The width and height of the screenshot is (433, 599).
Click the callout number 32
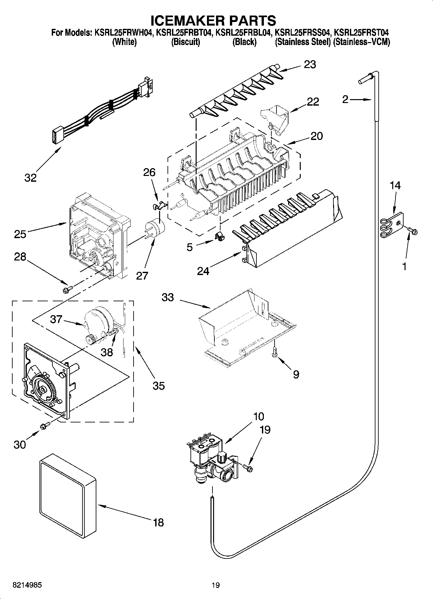tap(30, 178)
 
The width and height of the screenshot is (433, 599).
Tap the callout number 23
tap(309, 64)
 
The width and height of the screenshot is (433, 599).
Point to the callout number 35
tap(159, 386)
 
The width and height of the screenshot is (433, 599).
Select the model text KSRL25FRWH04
tap(123, 33)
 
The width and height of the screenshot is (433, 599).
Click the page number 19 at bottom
tap(216, 585)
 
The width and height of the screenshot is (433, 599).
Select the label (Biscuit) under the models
tap(185, 42)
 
